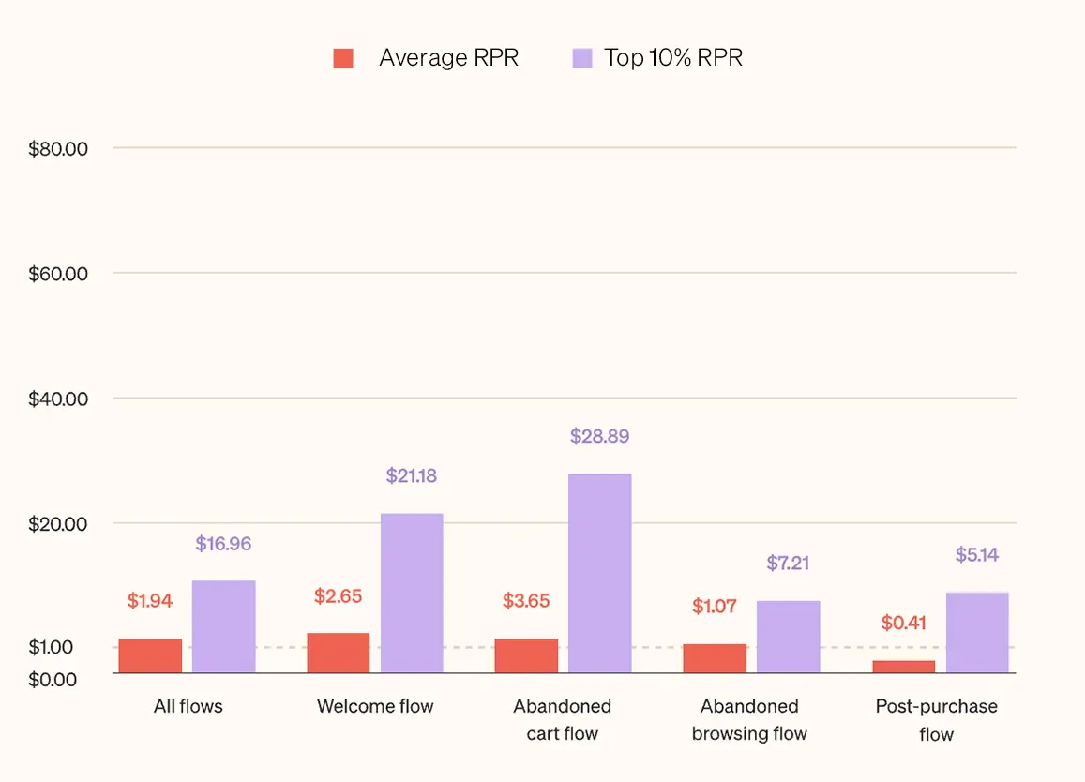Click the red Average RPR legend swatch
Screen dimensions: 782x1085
click(x=343, y=58)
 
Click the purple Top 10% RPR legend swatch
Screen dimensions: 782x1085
click(x=581, y=58)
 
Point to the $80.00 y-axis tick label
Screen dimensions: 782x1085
click(x=58, y=148)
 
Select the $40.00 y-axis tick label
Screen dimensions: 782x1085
click(x=58, y=399)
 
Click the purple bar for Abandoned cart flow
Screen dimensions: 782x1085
click(x=599, y=573)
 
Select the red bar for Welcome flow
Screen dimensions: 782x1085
click(x=339, y=653)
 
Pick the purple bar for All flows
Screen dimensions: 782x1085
click(x=224, y=626)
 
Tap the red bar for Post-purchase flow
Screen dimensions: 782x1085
click(x=903, y=667)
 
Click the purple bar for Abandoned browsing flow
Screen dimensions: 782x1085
click(x=788, y=637)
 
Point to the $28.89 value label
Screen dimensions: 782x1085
click(x=599, y=436)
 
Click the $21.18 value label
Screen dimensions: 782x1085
click(x=412, y=476)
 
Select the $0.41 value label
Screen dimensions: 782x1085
click(x=904, y=623)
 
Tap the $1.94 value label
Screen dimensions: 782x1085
click(x=150, y=601)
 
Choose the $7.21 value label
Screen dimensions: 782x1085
click(x=788, y=564)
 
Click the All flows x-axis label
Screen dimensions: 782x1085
click(x=188, y=706)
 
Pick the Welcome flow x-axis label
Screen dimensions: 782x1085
click(x=375, y=706)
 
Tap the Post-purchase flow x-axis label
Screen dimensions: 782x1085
click(x=936, y=720)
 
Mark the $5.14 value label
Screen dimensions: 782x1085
click(x=977, y=555)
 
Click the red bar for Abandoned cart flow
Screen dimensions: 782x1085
click(x=526, y=655)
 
